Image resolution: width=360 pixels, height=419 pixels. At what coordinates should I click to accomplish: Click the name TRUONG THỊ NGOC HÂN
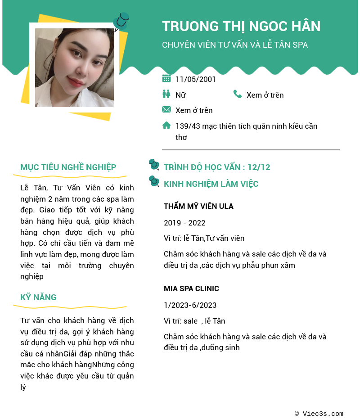241,26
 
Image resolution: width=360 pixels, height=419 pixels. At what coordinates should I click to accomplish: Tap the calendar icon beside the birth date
166,79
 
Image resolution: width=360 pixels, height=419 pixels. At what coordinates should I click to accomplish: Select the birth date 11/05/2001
195,79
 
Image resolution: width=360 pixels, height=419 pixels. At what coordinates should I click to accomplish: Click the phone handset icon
238,94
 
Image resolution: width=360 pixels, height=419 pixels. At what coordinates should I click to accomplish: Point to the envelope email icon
166,109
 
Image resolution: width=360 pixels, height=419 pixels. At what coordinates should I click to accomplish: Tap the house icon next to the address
166,125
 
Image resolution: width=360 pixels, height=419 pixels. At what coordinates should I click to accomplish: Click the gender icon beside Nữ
166,94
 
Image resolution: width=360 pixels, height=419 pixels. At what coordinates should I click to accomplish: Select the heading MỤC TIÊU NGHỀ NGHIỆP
68,167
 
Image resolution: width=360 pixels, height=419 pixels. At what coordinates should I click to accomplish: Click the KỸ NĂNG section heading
38,297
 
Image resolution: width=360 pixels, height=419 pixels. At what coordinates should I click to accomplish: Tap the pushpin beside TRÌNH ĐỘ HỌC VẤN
154,165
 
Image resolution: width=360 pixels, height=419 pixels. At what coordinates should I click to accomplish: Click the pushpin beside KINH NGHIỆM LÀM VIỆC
154,181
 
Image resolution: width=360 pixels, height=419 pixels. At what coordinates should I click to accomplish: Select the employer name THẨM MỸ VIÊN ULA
198,207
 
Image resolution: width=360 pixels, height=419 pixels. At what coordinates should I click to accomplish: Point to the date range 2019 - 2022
184,223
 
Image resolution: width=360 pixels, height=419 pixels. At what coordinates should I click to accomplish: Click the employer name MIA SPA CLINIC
191,289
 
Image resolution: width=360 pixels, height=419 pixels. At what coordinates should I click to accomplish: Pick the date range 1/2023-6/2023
190,305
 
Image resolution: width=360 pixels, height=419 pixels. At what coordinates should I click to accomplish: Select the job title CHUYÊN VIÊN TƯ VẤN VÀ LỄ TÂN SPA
235,45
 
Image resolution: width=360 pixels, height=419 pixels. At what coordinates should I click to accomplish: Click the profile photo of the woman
74,68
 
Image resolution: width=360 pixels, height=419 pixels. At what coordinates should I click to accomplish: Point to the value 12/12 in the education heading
259,167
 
